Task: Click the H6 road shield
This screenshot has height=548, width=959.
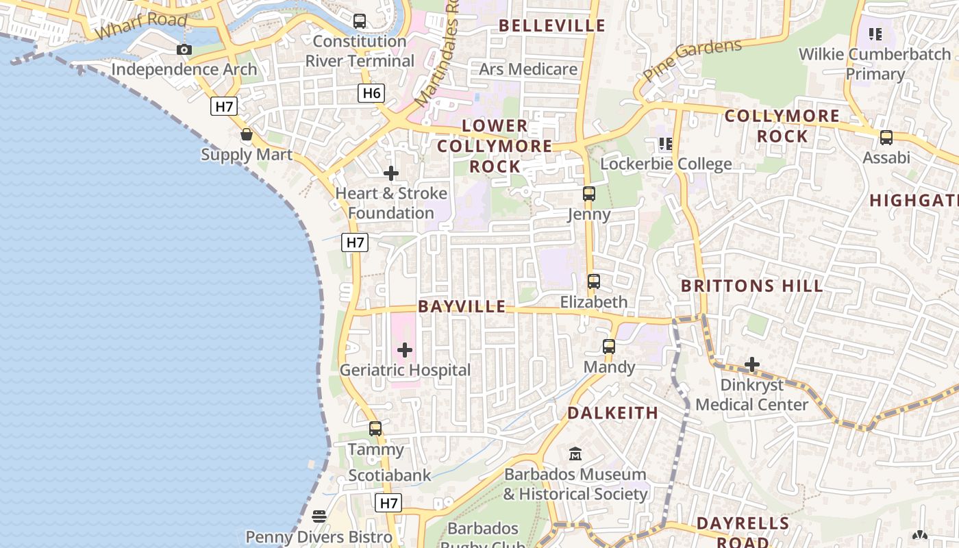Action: tap(371, 93)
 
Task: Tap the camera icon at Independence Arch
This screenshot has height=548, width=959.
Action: tap(184, 49)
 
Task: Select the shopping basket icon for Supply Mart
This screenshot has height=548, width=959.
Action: tap(247, 135)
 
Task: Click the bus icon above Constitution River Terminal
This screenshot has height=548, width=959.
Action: tap(360, 21)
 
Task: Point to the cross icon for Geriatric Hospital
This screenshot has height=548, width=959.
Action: tap(405, 351)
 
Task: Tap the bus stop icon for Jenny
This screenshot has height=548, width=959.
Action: tap(589, 194)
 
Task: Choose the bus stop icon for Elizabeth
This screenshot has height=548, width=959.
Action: tap(594, 282)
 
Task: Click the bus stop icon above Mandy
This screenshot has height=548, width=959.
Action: tap(609, 347)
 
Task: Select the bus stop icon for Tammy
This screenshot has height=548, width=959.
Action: tap(375, 429)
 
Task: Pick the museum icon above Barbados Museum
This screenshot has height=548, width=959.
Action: tap(575, 453)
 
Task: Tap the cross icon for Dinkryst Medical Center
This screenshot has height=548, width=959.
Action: tap(752, 364)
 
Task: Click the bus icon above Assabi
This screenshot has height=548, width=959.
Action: tap(886, 138)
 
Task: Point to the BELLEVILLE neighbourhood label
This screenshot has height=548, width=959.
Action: tap(552, 26)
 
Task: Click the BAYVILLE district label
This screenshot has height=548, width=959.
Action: tap(462, 307)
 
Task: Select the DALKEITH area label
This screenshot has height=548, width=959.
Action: tap(612, 413)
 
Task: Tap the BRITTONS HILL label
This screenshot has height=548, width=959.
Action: tap(752, 286)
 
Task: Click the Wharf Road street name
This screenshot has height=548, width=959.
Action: tap(141, 26)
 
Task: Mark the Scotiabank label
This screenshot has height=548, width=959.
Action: tap(390, 475)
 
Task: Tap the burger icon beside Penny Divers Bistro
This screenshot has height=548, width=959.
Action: tap(319, 516)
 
